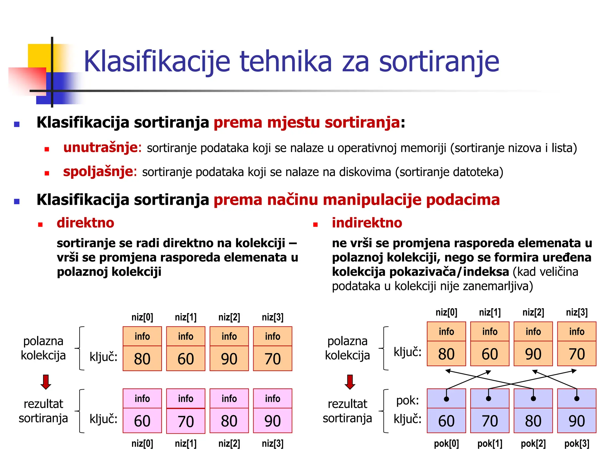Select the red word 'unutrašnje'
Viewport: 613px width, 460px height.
[100, 148]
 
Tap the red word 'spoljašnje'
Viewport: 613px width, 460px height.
[98, 172]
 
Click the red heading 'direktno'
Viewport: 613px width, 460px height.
[85, 223]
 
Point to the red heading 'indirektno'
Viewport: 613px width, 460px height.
[367, 223]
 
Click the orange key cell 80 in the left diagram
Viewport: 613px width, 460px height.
[142, 358]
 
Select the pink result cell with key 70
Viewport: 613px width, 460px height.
[186, 421]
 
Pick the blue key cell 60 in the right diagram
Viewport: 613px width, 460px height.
[446, 421]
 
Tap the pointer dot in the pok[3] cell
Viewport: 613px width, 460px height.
[577, 399]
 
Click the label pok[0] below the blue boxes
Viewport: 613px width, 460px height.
[446, 444]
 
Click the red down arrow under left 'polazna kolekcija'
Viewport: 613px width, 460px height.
[45, 382]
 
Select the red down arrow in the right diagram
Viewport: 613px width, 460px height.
[350, 382]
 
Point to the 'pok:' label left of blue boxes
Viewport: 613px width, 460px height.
[407, 400]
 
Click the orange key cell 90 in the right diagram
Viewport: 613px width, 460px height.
[533, 354]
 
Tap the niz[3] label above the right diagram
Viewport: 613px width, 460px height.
[576, 312]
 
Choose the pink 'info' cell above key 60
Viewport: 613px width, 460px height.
[142, 399]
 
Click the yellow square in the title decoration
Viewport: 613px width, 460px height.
[39, 55]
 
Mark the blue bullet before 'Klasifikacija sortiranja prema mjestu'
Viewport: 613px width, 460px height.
[17, 124]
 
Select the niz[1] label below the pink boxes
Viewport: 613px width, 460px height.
[186, 444]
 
